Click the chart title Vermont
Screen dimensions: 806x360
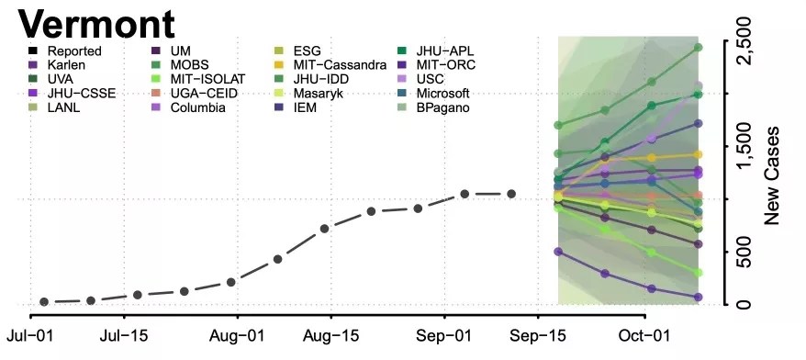point(96,24)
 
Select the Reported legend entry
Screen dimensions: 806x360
point(65,51)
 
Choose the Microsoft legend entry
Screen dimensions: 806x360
point(433,94)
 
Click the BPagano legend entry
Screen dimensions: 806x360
point(432,108)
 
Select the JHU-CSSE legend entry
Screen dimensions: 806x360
point(72,94)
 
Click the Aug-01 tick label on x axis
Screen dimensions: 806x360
point(237,336)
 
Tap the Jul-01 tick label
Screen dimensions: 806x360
point(28,336)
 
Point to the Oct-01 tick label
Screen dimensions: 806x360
point(645,336)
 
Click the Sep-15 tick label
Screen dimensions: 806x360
point(538,336)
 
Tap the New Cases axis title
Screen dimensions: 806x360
point(771,175)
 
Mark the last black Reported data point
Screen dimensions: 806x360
point(511,194)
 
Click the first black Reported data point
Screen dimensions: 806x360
point(44,302)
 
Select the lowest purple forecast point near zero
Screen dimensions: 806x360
point(698,298)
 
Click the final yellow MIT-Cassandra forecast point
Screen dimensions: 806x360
point(698,154)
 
